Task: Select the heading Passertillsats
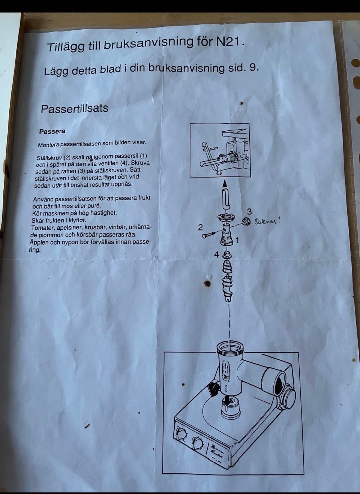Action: [x=75, y=108]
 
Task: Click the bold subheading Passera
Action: [x=52, y=132]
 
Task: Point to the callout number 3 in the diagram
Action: [x=249, y=211]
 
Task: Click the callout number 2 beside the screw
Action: [x=200, y=228]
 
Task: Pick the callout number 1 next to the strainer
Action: [x=237, y=240]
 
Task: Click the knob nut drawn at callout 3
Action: [x=245, y=221]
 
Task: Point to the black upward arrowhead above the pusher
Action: [x=225, y=184]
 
